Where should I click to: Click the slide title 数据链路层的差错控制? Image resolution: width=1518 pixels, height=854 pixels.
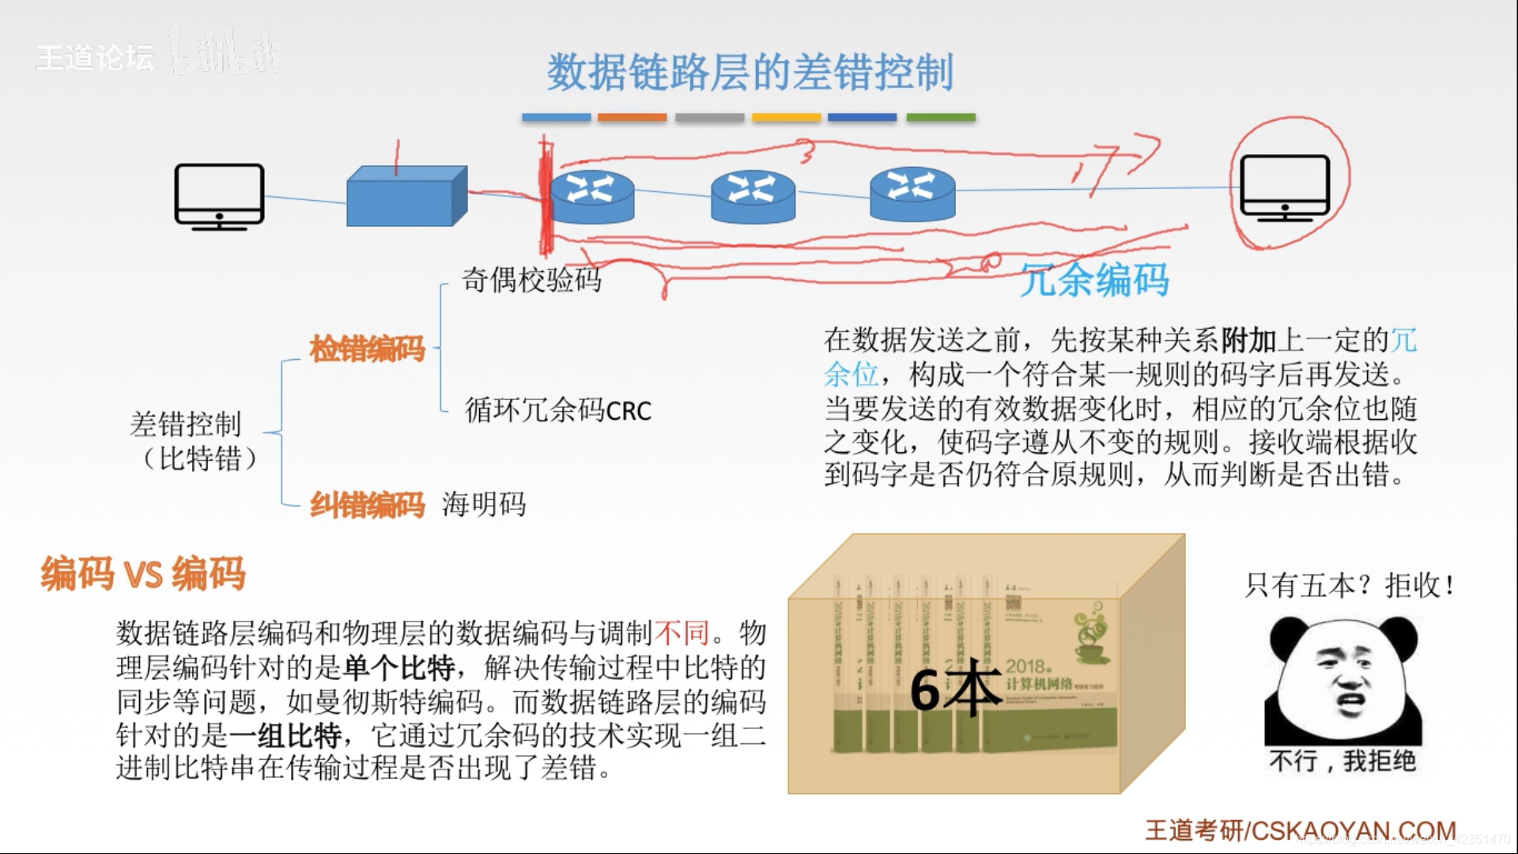(x=750, y=73)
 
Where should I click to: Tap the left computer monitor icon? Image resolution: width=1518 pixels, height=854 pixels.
(x=219, y=195)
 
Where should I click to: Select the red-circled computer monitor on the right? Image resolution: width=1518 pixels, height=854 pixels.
(x=1284, y=188)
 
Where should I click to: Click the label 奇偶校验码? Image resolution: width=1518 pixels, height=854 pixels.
(x=531, y=279)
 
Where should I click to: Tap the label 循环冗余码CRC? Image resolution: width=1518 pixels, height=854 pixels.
(x=558, y=410)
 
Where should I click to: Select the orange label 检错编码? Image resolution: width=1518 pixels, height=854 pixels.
(x=367, y=348)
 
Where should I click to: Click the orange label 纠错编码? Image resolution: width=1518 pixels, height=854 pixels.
(x=367, y=504)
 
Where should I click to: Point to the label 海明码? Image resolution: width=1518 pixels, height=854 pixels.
(x=484, y=504)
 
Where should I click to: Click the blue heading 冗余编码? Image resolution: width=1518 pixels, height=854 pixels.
(x=1094, y=280)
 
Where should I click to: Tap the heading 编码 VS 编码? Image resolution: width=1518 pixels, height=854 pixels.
(x=143, y=573)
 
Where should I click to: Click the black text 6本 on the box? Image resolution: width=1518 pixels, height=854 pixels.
(x=955, y=689)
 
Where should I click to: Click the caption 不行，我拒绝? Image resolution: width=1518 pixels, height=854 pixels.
(x=1342, y=761)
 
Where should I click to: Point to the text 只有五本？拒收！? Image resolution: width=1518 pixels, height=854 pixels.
(x=1349, y=586)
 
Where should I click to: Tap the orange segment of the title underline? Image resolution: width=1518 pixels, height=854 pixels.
(x=632, y=118)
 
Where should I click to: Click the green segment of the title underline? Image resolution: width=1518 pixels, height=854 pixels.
(x=941, y=118)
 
